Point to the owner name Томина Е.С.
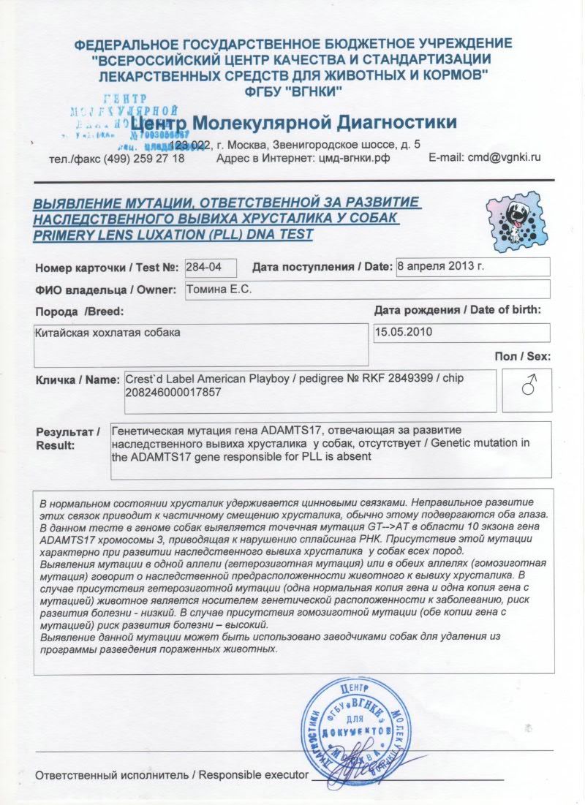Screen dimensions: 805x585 219,290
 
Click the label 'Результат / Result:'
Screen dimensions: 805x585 68,439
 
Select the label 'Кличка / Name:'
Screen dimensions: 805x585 77,380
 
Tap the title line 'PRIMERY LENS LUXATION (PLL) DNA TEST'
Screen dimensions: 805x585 174,235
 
